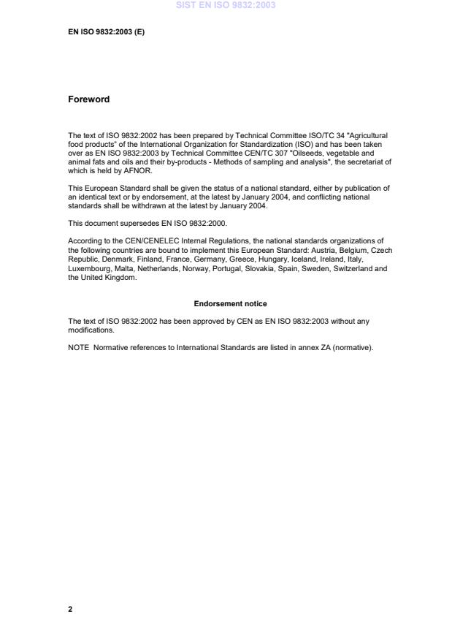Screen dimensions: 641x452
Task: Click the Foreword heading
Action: pos(88,99)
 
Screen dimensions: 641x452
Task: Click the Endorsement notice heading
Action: pos(230,303)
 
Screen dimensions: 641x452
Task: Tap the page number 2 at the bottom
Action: pos(70,609)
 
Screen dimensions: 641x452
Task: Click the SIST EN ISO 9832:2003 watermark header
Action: pos(226,5)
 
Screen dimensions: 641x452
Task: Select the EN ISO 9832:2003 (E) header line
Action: pos(106,31)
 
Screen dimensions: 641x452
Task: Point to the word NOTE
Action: pos(78,347)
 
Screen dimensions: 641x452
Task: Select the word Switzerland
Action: pos(356,268)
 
